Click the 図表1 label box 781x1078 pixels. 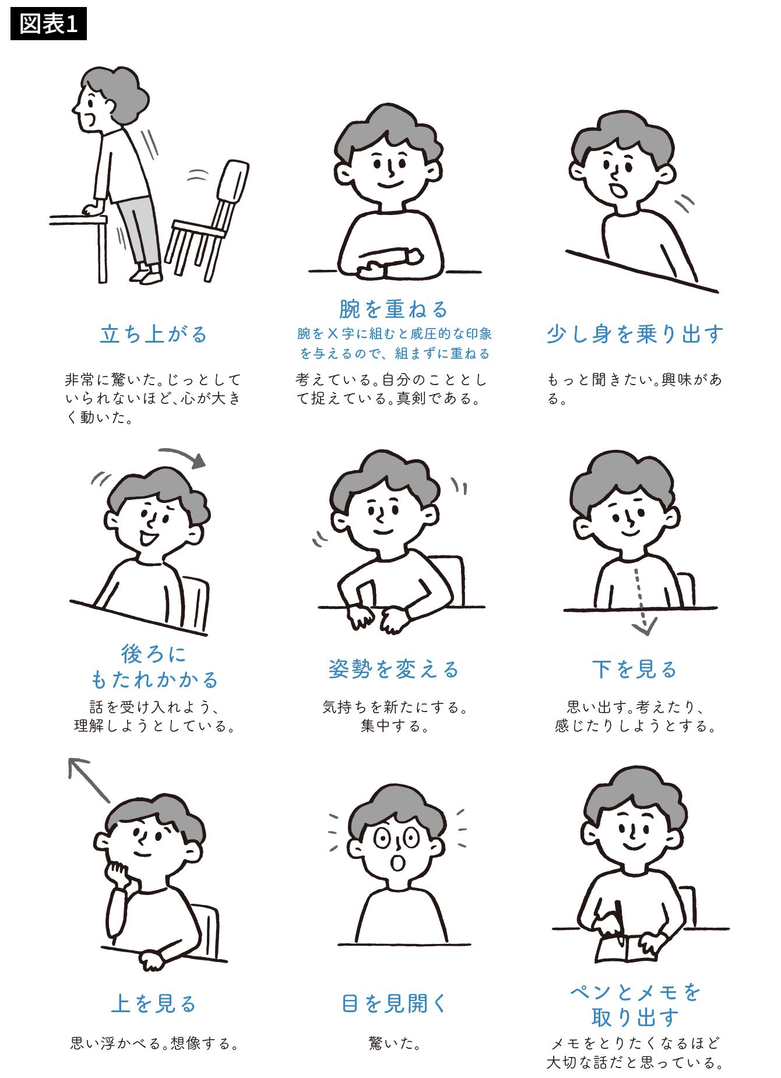pyautogui.click(x=48, y=24)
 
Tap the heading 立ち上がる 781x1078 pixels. pyautogui.click(x=154, y=334)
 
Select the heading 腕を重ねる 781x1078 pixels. pyautogui.click(x=393, y=309)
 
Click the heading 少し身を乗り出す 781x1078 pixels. pyautogui.click(x=635, y=334)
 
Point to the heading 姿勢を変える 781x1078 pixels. pyautogui.click(x=393, y=669)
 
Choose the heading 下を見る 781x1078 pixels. pyautogui.click(x=635, y=669)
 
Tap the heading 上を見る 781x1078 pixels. pyautogui.click(x=154, y=1003)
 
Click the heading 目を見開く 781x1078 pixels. pyautogui.click(x=393, y=1003)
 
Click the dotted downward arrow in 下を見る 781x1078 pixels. pyautogui.click(x=641, y=600)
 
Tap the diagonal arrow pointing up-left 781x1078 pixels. pyautogui.click(x=89, y=780)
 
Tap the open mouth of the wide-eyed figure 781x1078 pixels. pyautogui.click(x=397, y=862)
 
